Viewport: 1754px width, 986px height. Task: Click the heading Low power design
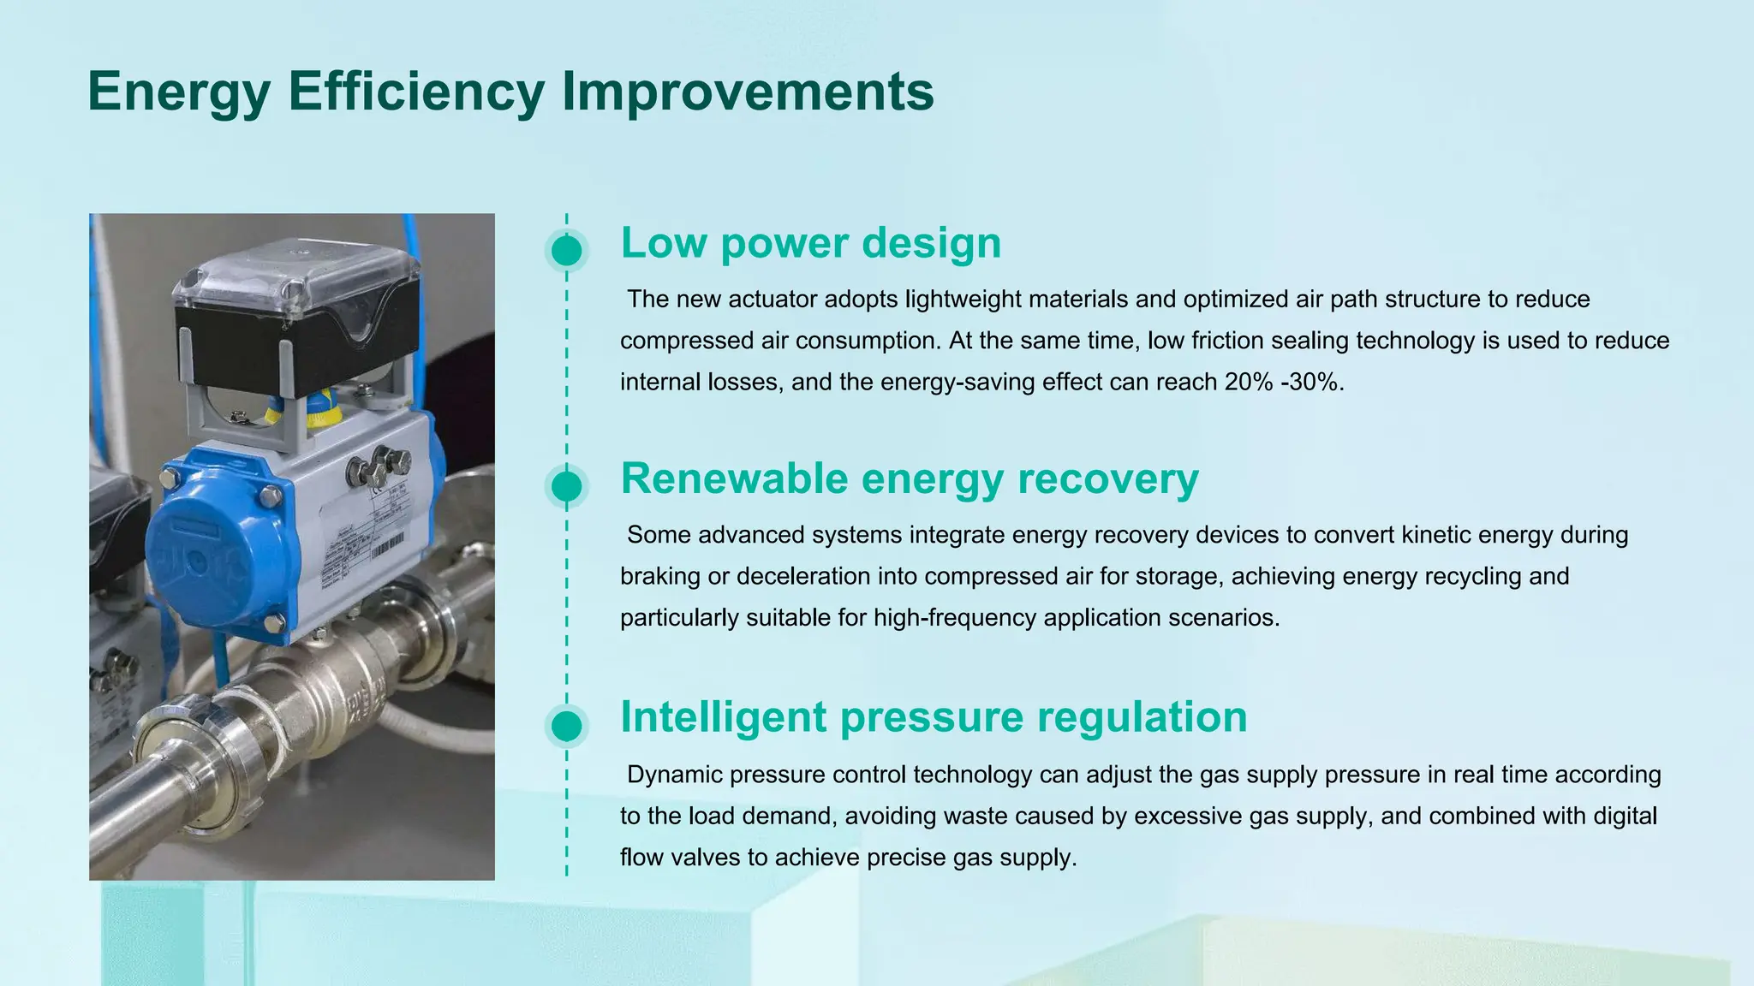pos(810,242)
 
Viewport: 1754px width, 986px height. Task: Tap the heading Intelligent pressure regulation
pos(933,716)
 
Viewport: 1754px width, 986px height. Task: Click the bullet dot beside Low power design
pos(566,251)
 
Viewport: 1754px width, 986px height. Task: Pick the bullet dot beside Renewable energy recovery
pos(566,486)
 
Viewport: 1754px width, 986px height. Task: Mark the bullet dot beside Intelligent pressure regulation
pos(566,726)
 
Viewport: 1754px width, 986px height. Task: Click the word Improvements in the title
pos(747,92)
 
